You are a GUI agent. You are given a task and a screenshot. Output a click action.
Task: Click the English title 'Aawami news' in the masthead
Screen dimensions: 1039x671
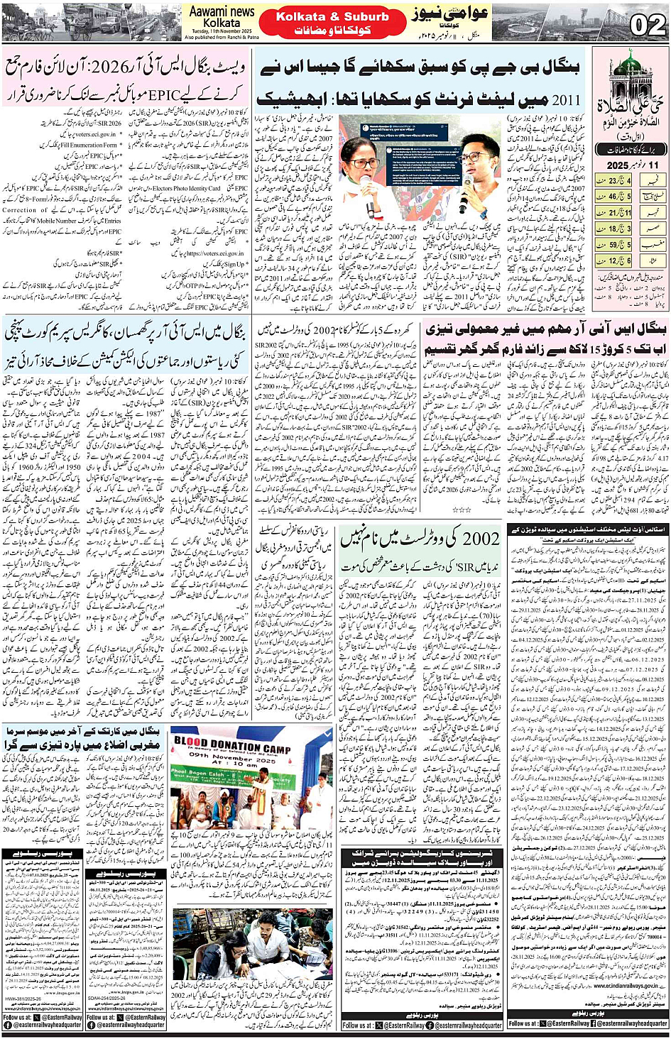tap(222, 11)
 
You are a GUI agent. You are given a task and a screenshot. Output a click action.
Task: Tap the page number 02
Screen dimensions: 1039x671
tap(647, 26)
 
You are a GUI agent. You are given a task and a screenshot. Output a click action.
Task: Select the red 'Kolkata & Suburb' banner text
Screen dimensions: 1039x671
tap(332, 16)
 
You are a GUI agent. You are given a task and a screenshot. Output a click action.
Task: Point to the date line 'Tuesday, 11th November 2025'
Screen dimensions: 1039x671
tap(221, 32)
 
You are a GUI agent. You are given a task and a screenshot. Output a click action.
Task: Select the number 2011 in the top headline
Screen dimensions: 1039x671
tap(564, 99)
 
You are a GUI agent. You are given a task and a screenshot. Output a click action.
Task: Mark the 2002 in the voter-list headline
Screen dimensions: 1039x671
tap(481, 540)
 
